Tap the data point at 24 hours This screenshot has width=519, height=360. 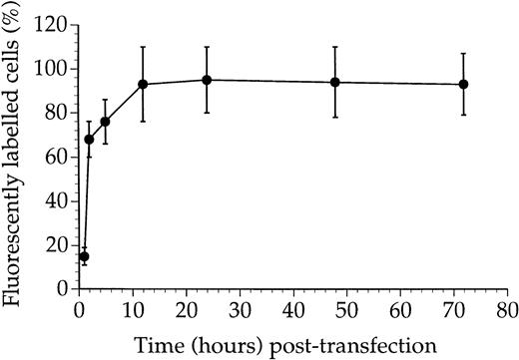[x=207, y=80]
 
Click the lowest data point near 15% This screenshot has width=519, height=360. [x=84, y=256]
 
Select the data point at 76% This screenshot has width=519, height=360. [x=105, y=122]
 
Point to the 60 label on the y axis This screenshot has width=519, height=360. [x=58, y=157]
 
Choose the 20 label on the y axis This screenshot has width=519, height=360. [x=58, y=244]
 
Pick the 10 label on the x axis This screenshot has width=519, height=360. [x=132, y=309]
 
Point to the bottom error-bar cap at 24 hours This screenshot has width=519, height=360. [x=207, y=113]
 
